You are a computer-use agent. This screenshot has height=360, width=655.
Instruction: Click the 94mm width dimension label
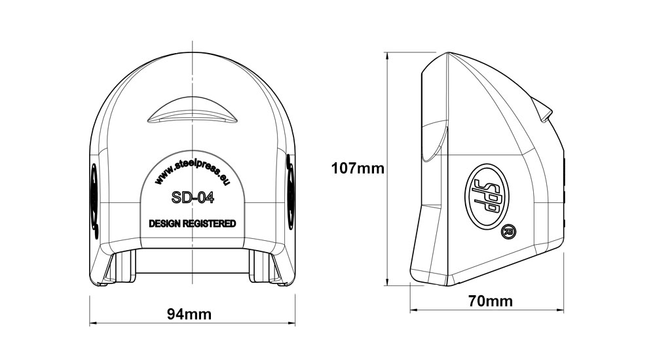[x=189, y=314]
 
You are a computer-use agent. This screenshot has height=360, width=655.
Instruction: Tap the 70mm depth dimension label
[x=491, y=301]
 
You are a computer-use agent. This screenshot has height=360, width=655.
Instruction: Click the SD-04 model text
[x=193, y=196]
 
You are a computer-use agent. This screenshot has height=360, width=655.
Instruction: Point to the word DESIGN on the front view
[x=166, y=224]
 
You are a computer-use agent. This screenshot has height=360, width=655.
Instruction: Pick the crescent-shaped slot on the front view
[x=191, y=112]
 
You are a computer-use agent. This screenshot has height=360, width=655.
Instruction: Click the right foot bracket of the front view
[x=265, y=268]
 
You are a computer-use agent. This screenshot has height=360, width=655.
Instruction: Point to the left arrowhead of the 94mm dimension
[x=92, y=323]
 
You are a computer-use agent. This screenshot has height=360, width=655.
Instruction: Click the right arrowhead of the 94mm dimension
[x=293, y=323]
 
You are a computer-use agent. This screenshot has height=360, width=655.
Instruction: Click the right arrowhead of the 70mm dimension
[x=562, y=310]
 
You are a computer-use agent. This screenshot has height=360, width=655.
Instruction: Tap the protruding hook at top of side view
[x=543, y=109]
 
